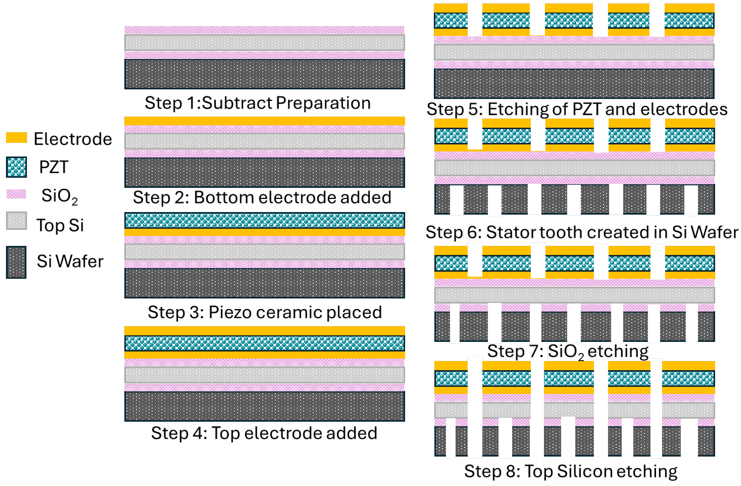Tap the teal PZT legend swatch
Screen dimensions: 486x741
click(x=17, y=167)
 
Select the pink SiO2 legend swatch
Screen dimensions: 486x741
click(x=17, y=194)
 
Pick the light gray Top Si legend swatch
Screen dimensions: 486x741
click(x=17, y=221)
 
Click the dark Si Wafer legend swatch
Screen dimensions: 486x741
click(x=16, y=262)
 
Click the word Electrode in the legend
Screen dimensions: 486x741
click(x=73, y=139)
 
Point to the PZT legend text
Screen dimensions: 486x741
click(x=54, y=167)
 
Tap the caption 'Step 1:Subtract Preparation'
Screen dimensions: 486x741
click(x=258, y=103)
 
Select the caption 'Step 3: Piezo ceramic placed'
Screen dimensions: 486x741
click(x=265, y=312)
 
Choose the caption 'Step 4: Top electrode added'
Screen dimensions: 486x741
click(x=264, y=433)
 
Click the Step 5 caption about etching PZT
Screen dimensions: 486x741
click(x=577, y=109)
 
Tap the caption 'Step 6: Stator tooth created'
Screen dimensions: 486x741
click(x=582, y=232)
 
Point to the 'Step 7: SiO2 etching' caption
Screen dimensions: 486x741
click(x=568, y=351)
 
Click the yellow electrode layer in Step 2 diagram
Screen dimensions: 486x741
click(x=265, y=121)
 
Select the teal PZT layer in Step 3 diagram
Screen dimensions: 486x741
click(x=265, y=220)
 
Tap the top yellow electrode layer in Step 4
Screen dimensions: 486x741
click(x=265, y=331)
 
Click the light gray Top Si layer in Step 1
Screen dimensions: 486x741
click(x=265, y=43)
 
